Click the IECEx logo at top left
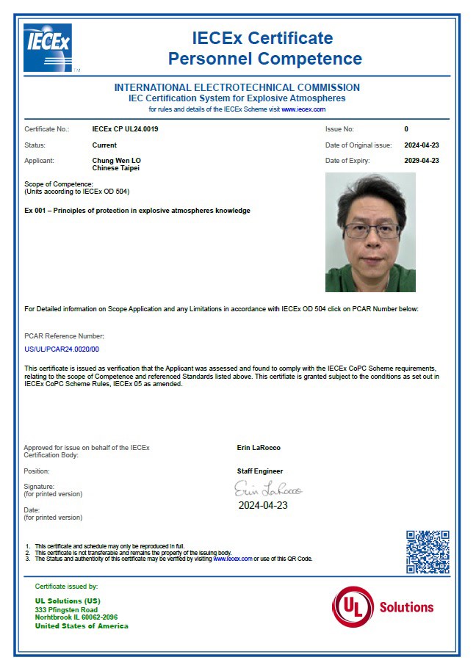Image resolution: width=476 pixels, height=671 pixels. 48,48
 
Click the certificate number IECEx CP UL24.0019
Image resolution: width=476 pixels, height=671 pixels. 125,129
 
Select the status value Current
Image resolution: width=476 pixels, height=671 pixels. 104,145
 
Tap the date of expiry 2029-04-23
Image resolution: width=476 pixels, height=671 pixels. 421,161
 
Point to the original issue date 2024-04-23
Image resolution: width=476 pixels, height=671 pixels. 421,145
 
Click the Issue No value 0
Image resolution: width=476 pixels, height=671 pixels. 406,129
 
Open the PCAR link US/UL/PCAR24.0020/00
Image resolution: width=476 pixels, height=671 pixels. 62,349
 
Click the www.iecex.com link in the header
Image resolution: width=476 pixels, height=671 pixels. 303,109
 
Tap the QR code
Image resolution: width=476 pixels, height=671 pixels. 428,552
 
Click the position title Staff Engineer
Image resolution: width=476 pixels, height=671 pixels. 259,471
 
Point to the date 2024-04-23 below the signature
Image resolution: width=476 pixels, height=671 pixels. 263,506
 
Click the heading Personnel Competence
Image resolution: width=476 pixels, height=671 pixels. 264,59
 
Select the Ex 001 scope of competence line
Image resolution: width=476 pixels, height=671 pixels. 137,211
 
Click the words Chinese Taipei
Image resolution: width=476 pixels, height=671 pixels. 116,168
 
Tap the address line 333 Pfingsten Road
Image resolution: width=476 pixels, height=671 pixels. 66,610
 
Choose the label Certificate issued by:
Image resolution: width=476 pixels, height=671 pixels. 66,587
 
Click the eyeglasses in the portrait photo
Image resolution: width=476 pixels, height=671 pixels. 371,231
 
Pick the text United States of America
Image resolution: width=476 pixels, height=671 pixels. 82,626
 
